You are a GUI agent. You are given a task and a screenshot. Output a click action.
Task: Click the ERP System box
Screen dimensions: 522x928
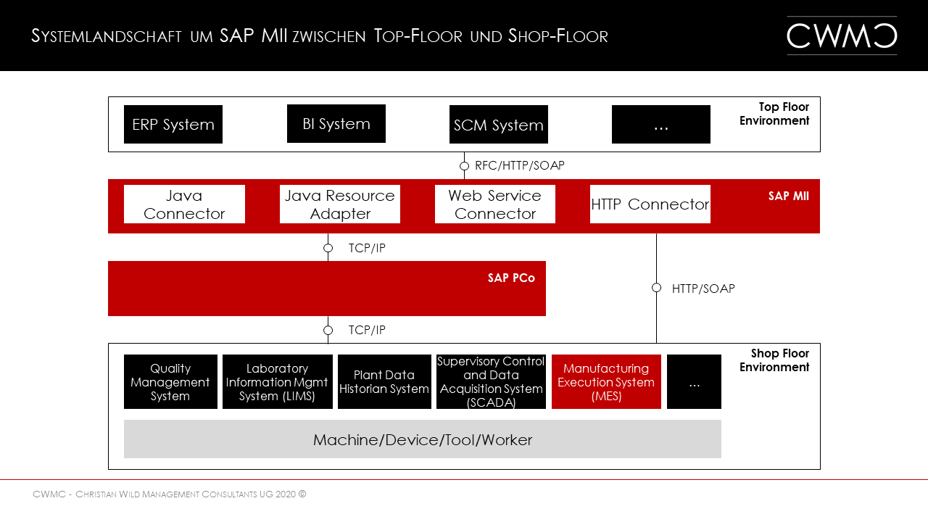173,125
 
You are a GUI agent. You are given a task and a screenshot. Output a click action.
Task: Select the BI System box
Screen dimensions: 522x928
336,124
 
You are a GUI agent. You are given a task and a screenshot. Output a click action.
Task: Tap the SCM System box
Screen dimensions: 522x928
499,125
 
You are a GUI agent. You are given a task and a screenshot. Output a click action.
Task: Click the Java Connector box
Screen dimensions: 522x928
184,204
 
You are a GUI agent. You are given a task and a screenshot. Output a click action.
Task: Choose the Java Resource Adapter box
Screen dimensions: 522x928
340,204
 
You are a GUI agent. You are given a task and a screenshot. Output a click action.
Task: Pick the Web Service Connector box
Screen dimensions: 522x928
495,204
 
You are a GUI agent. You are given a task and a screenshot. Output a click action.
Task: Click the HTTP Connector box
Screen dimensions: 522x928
650,204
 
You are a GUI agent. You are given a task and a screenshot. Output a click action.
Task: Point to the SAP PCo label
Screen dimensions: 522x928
511,278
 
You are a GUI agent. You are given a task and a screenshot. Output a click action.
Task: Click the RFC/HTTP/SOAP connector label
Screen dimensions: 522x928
519,166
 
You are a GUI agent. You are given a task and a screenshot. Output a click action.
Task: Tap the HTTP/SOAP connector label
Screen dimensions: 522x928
703,289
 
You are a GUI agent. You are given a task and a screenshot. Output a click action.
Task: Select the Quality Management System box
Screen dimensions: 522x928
170,382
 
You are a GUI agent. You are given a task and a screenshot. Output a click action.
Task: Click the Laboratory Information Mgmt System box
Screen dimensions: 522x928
277,382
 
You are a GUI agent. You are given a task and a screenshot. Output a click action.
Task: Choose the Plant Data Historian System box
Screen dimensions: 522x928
384,382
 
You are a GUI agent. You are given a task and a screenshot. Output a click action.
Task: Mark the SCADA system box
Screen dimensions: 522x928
491,382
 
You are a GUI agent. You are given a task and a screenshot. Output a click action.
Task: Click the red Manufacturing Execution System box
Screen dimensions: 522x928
606,382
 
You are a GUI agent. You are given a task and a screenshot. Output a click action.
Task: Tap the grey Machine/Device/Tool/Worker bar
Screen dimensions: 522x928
423,439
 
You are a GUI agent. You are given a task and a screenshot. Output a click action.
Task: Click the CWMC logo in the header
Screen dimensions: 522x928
842,36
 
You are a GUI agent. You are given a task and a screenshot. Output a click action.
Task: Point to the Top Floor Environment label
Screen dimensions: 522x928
774,114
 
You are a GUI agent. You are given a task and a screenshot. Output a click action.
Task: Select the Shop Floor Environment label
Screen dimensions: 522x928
774,360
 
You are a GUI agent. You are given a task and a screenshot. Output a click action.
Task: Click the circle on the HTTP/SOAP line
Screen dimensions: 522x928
656,288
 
